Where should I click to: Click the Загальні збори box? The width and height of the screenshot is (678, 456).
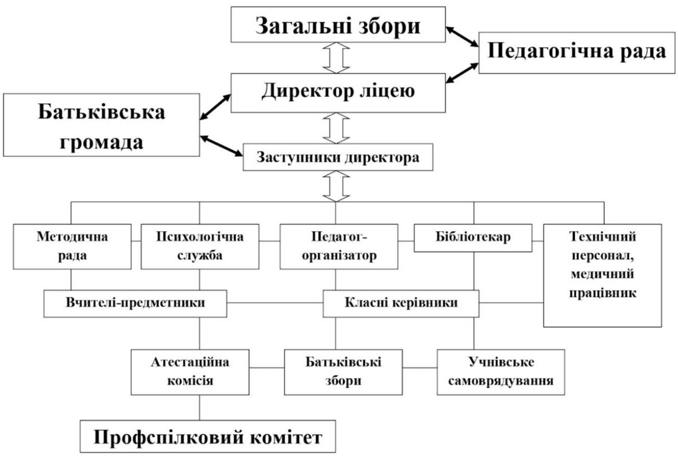pos(338,24)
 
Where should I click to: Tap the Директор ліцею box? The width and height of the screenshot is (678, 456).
pos(338,93)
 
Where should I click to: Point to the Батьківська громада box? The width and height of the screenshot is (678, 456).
pos(101,125)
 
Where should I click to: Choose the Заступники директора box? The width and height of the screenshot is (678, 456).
pos(338,157)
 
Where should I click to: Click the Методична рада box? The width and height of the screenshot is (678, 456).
pos(72,246)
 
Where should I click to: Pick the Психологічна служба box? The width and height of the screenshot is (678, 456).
pos(200,246)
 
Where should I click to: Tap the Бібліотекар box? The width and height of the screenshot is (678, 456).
pos(474,238)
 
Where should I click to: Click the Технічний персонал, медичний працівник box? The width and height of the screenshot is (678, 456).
pos(602,275)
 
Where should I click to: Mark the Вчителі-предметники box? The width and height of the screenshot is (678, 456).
pos(136,303)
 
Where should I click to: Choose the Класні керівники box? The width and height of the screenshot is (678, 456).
pos(401,303)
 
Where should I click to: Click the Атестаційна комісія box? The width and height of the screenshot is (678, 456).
pos(191,371)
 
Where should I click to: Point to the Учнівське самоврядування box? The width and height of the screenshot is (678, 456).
pos(501,371)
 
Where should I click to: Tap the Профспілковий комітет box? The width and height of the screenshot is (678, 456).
pos(208,437)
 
